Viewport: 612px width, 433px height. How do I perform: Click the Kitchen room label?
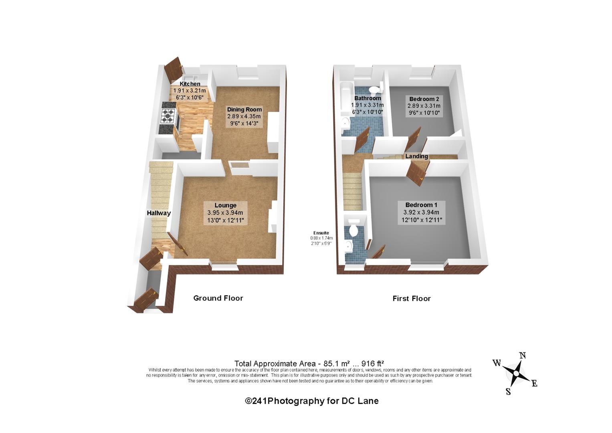(x=190, y=84)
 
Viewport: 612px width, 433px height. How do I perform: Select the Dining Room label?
(x=244, y=109)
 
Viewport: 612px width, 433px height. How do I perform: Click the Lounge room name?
(x=225, y=205)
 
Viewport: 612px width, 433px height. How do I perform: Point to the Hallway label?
(x=159, y=213)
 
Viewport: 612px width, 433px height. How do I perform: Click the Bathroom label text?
(x=368, y=98)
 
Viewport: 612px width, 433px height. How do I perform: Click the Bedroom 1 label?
(x=421, y=205)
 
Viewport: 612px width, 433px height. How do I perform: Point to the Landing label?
(x=416, y=156)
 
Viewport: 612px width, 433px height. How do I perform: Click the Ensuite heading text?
(x=321, y=233)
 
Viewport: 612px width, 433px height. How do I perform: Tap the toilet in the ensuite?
(x=353, y=231)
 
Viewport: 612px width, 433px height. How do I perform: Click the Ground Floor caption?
(x=218, y=298)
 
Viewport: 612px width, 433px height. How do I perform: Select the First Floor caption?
(x=412, y=299)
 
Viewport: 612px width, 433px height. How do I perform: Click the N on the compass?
(x=522, y=356)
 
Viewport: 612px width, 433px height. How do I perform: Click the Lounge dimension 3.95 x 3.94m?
(x=225, y=212)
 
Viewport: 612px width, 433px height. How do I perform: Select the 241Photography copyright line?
(x=312, y=401)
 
